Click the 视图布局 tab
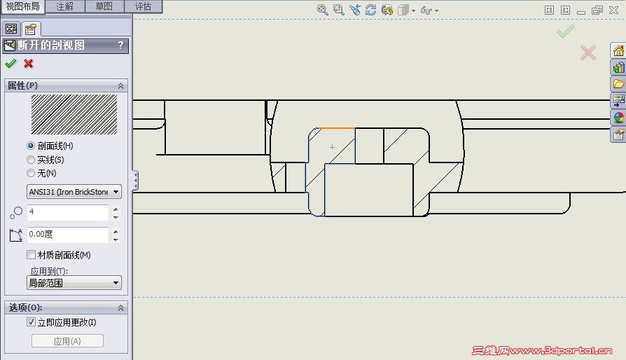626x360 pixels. pyautogui.click(x=22, y=6)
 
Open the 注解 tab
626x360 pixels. pyautogui.click(x=64, y=6)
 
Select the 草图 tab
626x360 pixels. pyautogui.click(x=104, y=6)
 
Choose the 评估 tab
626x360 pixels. pyautogui.click(x=143, y=6)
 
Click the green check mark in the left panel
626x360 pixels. pyautogui.click(x=11, y=64)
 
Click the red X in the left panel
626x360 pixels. pyautogui.click(x=28, y=64)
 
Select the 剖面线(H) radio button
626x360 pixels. pyautogui.click(x=31, y=146)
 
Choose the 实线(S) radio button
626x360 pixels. pyautogui.click(x=31, y=160)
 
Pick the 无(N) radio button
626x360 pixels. pyautogui.click(x=31, y=173)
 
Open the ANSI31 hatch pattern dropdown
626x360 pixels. pyautogui.click(x=74, y=192)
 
